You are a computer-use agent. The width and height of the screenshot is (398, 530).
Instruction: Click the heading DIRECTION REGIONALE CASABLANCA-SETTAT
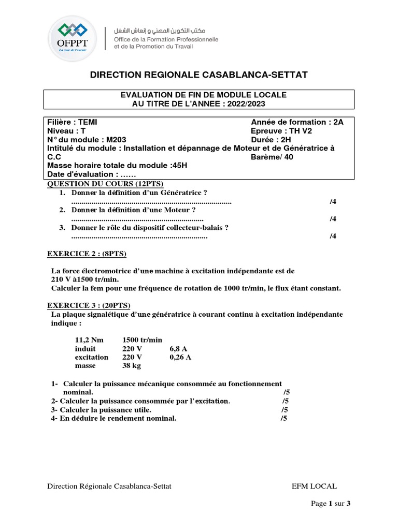click(199, 75)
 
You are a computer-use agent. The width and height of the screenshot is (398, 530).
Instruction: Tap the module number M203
click(116, 139)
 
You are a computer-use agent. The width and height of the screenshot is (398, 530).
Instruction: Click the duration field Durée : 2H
click(272, 139)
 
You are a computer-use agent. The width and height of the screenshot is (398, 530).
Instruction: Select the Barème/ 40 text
click(272, 157)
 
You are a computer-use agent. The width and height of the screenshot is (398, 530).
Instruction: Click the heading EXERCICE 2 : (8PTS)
click(87, 254)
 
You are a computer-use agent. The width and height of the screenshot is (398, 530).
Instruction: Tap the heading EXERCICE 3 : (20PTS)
click(89, 305)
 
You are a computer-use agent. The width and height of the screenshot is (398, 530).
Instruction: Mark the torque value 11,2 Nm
click(89, 340)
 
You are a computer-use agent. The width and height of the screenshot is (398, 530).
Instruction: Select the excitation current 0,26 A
click(180, 357)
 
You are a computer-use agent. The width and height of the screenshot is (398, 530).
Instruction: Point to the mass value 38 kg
click(132, 365)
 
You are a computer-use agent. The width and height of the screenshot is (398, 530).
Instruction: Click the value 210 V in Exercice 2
click(61, 279)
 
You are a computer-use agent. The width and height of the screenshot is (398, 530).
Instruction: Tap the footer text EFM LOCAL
click(314, 487)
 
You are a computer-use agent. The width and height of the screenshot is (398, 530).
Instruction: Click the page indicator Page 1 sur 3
click(331, 504)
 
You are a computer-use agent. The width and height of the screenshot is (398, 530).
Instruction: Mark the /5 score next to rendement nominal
click(283, 419)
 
